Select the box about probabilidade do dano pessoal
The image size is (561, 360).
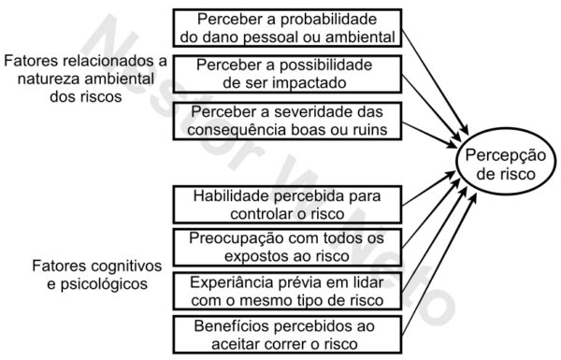pos(287,29)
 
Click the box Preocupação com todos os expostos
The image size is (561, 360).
pos(287,247)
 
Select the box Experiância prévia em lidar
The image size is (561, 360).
pos(287,290)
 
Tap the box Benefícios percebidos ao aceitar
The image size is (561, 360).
pos(287,335)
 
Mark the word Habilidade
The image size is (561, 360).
pos(230,195)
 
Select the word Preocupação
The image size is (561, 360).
pos(240,238)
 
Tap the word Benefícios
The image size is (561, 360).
pos(229,325)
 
